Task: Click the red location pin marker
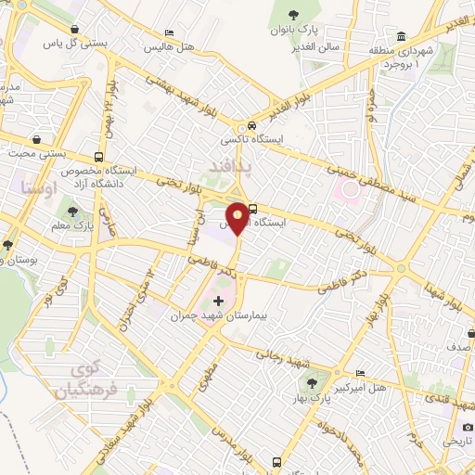pos(238,216)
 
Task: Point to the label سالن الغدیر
pos(311,45)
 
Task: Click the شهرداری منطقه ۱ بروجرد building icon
pos(403,38)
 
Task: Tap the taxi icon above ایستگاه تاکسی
pos(250,126)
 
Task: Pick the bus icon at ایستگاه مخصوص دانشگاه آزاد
pos(99,157)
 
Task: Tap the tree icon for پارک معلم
pos(72,212)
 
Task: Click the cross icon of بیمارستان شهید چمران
pos(219,301)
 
